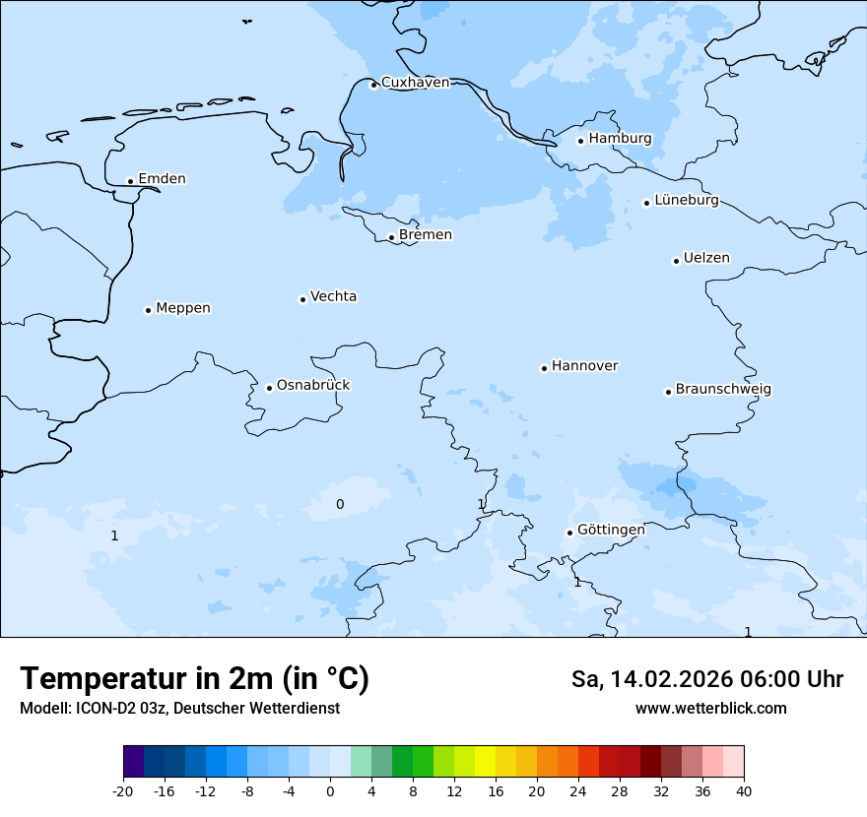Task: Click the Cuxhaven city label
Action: (x=415, y=83)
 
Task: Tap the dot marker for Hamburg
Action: (x=580, y=141)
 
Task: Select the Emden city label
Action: (x=162, y=179)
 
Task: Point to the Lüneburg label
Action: (x=687, y=201)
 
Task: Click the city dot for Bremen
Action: (x=391, y=237)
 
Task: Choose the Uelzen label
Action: (x=706, y=259)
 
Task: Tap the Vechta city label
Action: (x=333, y=296)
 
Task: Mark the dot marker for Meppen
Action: (x=148, y=310)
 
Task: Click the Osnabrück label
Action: (x=313, y=386)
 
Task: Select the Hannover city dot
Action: (x=544, y=368)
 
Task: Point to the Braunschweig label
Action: (x=723, y=390)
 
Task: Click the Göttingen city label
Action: (x=611, y=530)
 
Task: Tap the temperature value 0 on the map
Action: (x=340, y=505)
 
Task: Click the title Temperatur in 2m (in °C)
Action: (x=195, y=679)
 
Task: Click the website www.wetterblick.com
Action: (x=710, y=709)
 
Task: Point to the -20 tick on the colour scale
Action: (x=123, y=791)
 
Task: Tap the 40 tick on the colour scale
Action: (x=743, y=791)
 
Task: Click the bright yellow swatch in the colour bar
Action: (x=485, y=762)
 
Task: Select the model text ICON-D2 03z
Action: (x=118, y=709)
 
